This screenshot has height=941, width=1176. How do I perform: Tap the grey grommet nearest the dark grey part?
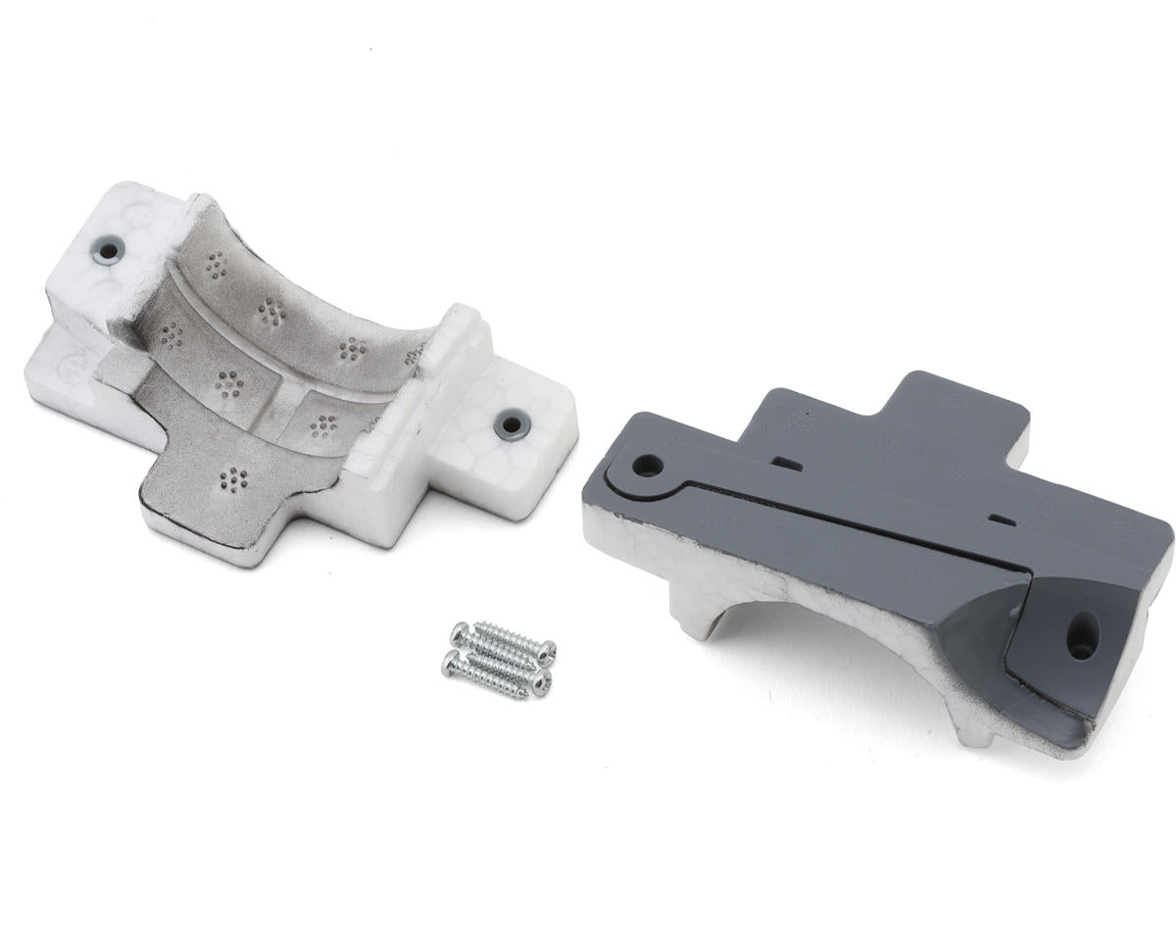[512, 424]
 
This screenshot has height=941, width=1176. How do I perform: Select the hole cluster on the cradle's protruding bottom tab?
[233, 479]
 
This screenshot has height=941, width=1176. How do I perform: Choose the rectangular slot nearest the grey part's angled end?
[1002, 519]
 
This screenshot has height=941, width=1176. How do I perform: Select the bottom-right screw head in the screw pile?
[541, 684]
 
